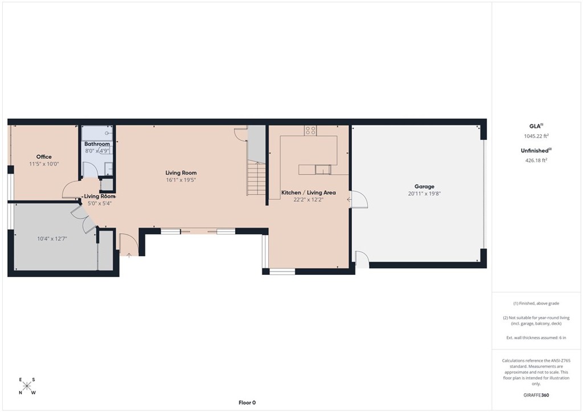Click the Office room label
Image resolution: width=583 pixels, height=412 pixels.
click(44, 156)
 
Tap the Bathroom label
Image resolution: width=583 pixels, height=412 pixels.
click(97, 144)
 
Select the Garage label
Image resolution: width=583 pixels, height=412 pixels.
click(424, 187)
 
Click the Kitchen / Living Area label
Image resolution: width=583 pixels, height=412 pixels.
click(308, 192)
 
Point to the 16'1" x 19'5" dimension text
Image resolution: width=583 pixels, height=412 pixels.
click(180, 180)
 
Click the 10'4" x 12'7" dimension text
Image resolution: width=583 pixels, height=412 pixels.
click(52, 239)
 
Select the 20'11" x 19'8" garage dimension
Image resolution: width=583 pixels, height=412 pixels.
click(424, 193)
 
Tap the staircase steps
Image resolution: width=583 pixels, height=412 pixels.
click(256, 179)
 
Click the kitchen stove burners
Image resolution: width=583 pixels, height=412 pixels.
click(310, 130)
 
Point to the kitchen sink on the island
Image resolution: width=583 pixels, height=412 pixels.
click(323, 170)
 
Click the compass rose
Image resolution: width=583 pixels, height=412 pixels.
click(27, 386)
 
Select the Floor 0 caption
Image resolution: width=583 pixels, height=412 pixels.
click(247, 402)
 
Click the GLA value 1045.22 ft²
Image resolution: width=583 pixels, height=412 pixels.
click(536, 136)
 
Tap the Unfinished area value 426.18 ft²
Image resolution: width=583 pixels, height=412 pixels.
click(536, 160)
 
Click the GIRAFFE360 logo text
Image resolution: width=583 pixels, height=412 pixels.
click(536, 395)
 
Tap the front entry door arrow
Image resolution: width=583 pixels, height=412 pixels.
click(129, 255)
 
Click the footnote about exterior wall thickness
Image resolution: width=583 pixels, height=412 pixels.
click(536, 337)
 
